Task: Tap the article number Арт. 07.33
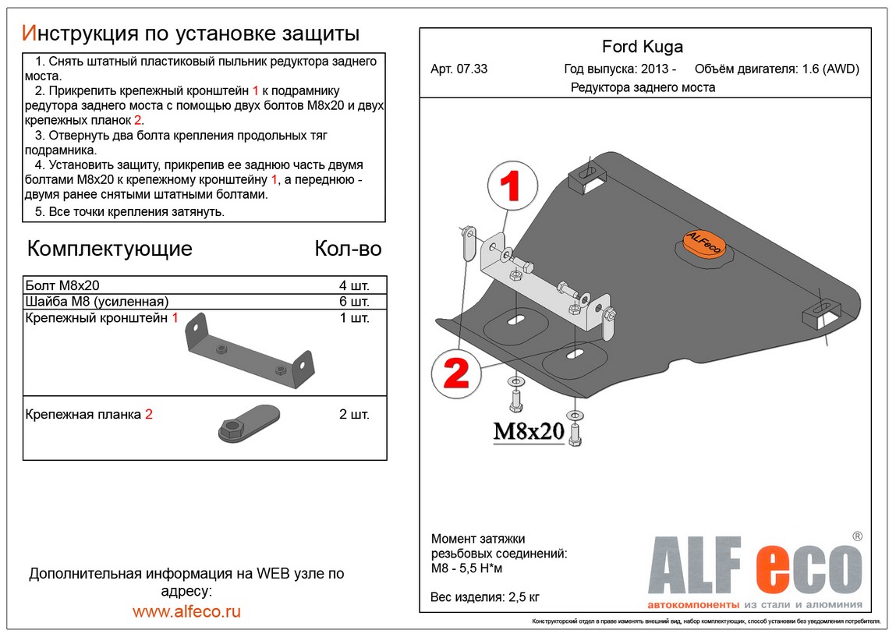459,69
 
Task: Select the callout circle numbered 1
512,185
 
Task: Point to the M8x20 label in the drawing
528,431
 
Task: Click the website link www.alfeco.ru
186,611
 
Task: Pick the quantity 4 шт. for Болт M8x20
354,285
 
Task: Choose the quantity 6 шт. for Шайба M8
354,301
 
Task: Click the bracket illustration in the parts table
248,352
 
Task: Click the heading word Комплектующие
109,249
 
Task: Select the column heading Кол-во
348,249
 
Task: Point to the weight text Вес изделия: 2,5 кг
485,598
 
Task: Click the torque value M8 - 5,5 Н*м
467,568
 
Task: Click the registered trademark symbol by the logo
857,536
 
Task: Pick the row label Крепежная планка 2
88,415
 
